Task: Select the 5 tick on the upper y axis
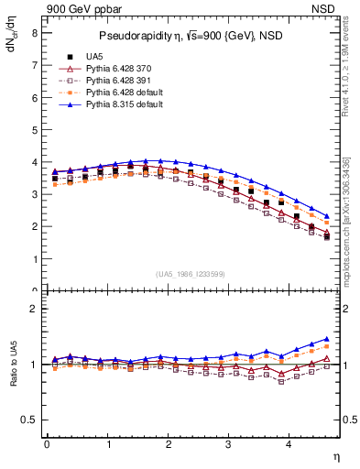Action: coord(34,129)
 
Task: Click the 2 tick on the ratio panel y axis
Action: coord(34,309)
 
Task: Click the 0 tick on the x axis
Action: coord(47,443)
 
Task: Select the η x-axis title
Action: coord(335,455)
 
